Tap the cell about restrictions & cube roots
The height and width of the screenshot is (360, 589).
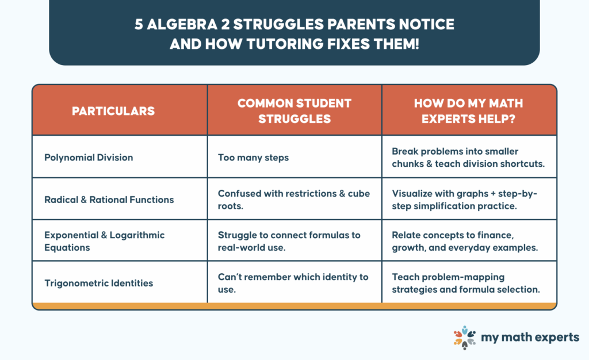[294, 200]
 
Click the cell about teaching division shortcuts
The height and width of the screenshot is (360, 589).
[468, 158]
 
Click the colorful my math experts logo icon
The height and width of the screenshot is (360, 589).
[465, 338]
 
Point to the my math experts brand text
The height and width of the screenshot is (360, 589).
[530, 338]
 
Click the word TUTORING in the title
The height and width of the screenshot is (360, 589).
[285, 44]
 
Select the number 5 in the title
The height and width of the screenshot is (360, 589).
[139, 24]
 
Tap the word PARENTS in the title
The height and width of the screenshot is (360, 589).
[361, 24]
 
